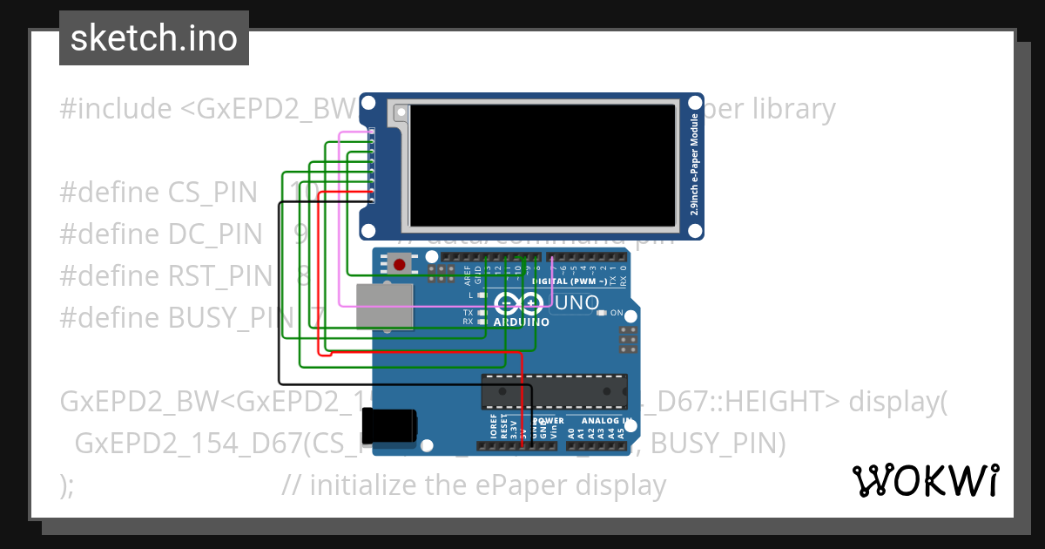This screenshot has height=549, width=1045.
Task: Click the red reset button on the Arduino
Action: coord(401,263)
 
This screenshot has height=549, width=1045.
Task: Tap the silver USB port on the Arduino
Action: coord(384,307)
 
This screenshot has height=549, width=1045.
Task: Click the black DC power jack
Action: coord(390,427)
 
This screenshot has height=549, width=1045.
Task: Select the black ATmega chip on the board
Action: coord(554,391)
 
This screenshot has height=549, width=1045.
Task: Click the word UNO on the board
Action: coord(576,303)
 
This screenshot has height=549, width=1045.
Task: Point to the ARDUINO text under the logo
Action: coord(521,322)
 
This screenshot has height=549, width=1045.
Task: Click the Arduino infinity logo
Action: coord(519,303)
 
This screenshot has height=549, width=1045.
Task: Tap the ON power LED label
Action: coord(617,312)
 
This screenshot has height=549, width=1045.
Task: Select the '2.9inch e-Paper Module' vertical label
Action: coord(694,166)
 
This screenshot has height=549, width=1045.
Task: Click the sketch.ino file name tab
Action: coord(154,38)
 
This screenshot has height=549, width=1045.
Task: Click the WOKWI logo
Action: coord(925,480)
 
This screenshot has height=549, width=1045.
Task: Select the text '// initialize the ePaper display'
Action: coord(475,485)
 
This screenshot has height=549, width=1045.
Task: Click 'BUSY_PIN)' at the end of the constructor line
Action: coord(718,444)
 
